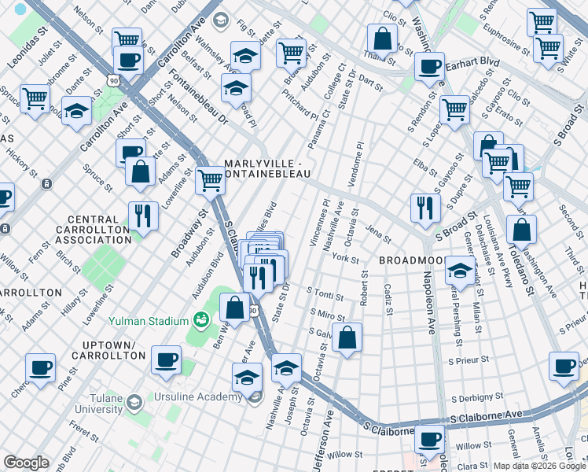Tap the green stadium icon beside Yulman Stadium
point(200,320)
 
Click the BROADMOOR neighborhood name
point(413,260)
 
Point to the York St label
point(345,259)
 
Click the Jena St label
point(378,234)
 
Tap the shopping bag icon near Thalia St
point(382,38)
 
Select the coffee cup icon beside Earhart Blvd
point(429,68)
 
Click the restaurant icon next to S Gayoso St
point(424,208)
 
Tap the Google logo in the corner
point(26,463)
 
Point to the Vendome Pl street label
point(359,158)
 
